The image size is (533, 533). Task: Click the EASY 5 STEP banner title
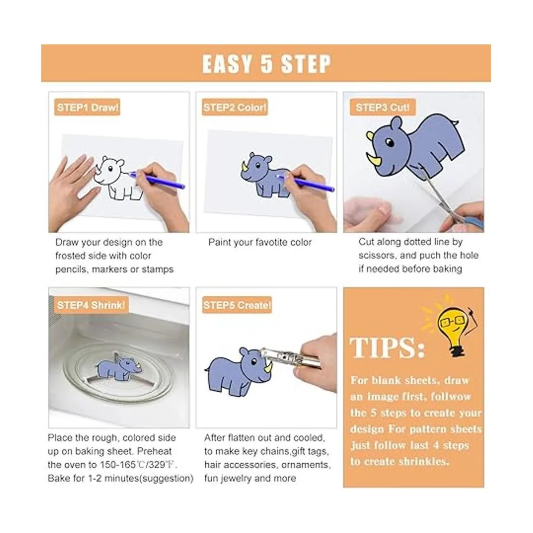click(x=266, y=64)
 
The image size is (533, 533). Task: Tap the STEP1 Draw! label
click(x=88, y=107)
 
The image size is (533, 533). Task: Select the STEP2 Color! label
click(x=235, y=107)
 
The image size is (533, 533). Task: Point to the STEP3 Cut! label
click(x=382, y=107)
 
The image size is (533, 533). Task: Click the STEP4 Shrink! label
click(x=91, y=305)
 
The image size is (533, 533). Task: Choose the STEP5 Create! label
click(x=237, y=305)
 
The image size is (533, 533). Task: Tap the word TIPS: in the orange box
click(x=387, y=347)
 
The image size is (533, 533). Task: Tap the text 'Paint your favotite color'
click(x=260, y=243)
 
